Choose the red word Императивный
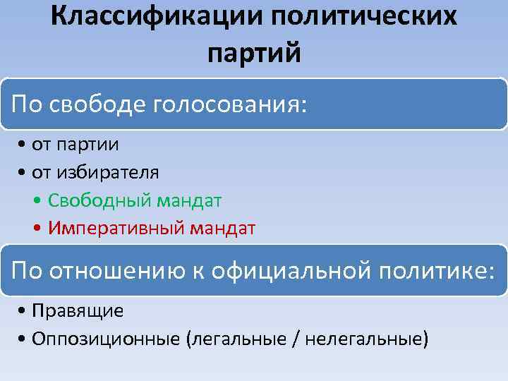[x=110, y=228]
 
